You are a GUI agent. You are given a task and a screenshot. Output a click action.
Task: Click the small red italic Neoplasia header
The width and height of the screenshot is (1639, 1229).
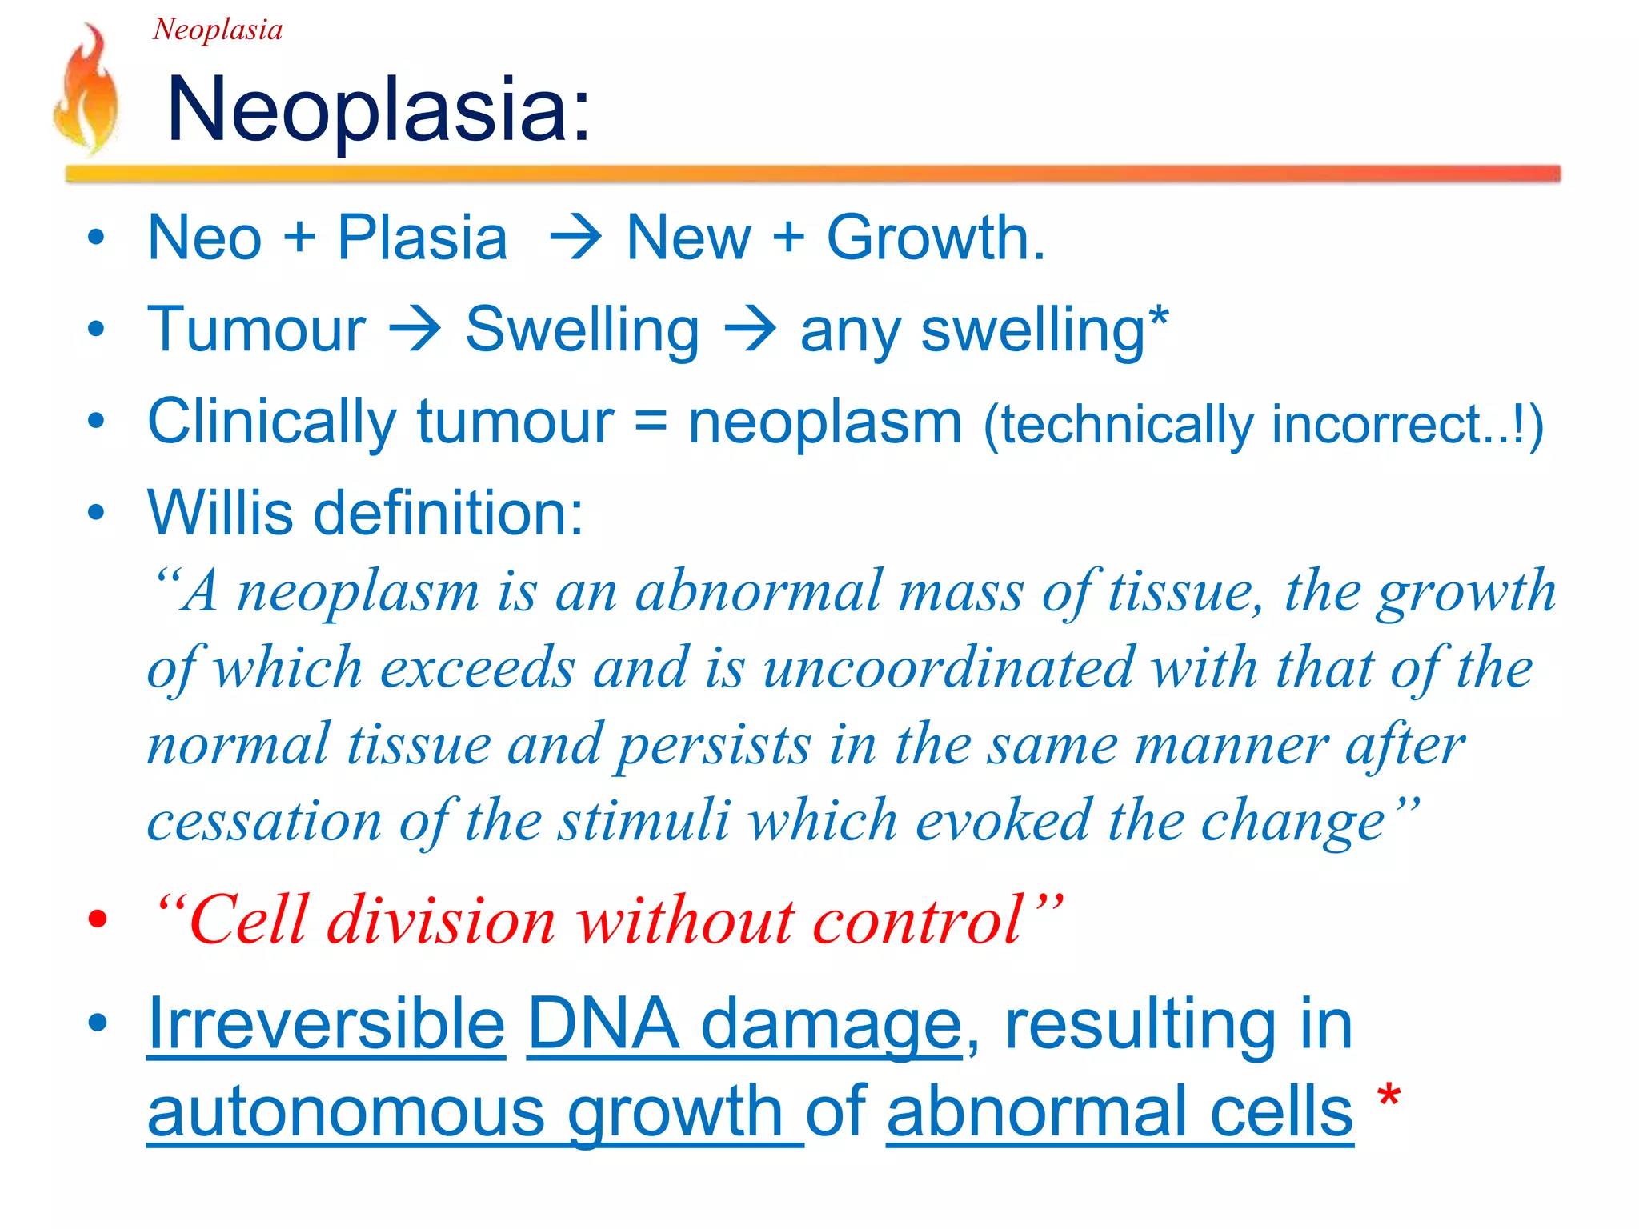217,30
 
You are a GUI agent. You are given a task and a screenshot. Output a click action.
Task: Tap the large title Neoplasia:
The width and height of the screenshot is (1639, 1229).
378,110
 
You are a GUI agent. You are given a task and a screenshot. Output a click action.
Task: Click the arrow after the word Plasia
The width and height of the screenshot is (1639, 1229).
575,238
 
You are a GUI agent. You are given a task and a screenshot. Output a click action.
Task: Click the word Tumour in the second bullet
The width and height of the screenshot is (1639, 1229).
256,329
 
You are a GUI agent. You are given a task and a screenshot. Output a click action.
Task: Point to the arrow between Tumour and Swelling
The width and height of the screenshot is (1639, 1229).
415,329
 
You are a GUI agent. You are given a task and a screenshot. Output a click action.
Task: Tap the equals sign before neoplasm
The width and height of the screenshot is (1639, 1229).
651,422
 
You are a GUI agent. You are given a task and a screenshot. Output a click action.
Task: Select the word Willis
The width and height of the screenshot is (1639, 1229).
220,512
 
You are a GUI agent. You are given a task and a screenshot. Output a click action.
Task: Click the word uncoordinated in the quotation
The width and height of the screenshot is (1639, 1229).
948,668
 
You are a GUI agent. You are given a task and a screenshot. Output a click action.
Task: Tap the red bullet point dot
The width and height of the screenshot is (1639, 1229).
98,921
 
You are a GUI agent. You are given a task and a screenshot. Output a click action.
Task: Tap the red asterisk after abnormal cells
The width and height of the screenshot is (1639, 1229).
1389,1095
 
